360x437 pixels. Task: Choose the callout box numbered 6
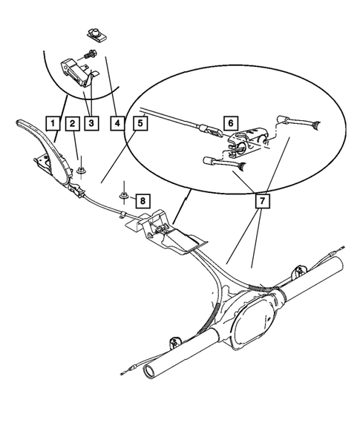(230, 122)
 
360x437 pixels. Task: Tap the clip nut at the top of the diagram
(94, 32)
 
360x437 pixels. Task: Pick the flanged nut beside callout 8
(123, 197)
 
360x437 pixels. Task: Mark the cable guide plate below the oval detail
(174, 234)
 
